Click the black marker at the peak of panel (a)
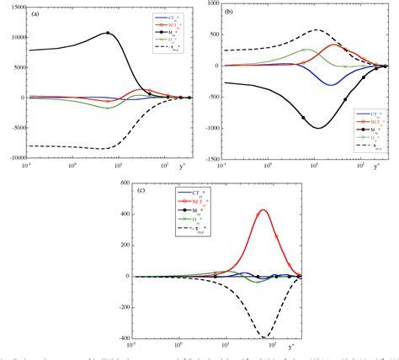pyautogui.click(x=107, y=33)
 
